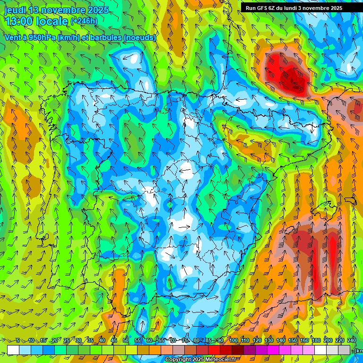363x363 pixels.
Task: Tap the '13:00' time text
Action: [x=19, y=21]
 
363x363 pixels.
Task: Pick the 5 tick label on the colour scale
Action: [x=17, y=340]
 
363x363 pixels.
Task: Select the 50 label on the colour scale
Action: [x=126, y=340]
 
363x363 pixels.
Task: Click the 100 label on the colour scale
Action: [x=233, y=340]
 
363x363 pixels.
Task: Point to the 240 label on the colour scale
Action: [x=351, y=340]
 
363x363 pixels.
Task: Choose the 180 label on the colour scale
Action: [x=316, y=340]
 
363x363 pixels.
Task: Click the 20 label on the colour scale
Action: [x=55, y=340]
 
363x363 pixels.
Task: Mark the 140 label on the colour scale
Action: [x=280, y=340]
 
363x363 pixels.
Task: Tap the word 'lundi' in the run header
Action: [x=294, y=8]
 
